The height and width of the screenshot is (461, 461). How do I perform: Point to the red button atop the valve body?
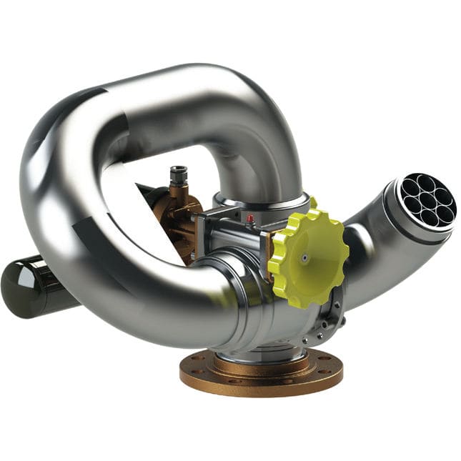[x=250, y=217]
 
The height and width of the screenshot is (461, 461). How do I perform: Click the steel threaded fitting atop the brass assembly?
[x=177, y=174]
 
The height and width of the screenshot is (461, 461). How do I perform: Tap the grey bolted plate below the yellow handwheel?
[x=329, y=322]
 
